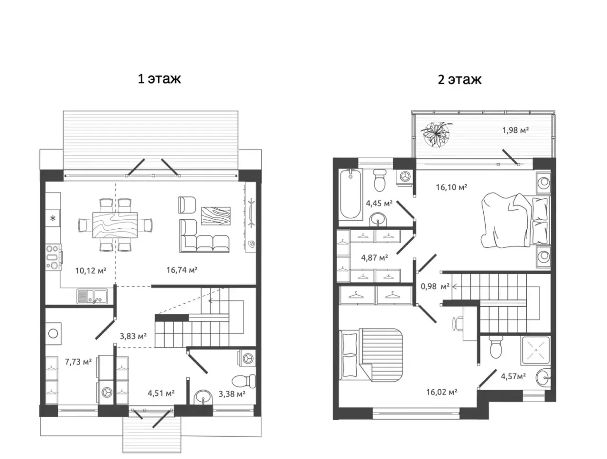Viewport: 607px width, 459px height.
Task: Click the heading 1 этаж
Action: pos(159,79)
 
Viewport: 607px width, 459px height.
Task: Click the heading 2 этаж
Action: pos(460,80)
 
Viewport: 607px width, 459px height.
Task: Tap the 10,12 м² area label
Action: pos(91,270)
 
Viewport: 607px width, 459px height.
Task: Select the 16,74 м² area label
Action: pos(182,270)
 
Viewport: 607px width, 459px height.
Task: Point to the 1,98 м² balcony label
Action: pos(515,130)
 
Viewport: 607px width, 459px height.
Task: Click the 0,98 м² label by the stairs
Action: pos(435,286)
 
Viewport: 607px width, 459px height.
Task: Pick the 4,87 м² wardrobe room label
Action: pos(375,258)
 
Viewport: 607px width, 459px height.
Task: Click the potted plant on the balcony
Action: pos(436,135)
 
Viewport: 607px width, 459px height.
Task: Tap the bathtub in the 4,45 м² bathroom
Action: pos(350,194)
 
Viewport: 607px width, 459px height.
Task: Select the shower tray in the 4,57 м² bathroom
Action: pos(536,350)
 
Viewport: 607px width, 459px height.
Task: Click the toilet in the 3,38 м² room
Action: pos(244,381)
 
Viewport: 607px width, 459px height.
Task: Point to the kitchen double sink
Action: pos(92,296)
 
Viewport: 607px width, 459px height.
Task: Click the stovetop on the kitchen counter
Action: pos(54,257)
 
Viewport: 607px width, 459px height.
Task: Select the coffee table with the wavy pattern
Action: pos(216,216)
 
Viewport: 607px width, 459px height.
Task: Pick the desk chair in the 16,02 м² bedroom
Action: pos(458,324)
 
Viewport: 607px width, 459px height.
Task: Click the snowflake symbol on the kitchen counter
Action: pos(53,218)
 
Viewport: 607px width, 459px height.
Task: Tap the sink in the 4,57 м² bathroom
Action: pos(543,377)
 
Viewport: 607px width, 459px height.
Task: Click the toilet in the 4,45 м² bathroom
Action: pos(379,180)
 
